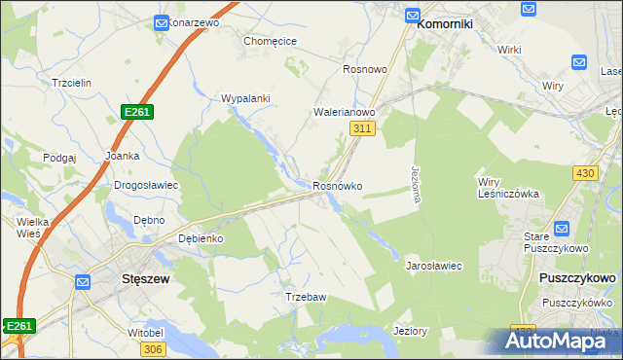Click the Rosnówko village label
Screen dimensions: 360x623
pyautogui.click(x=337, y=186)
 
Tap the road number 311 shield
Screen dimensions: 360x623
pyautogui.click(x=362, y=128)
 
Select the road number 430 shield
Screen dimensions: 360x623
pyautogui.click(x=585, y=172)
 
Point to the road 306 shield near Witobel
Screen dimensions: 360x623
pyautogui.click(x=153, y=348)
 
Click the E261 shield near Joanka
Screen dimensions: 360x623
pyautogui.click(x=136, y=113)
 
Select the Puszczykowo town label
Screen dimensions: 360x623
pyautogui.click(x=576, y=277)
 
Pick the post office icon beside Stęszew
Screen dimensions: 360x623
pyautogui.click(x=84, y=282)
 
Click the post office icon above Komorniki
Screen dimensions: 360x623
pyautogui.click(x=412, y=17)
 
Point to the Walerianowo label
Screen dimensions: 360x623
pyautogui.click(x=344, y=113)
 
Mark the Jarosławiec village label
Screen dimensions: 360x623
pyautogui.click(x=433, y=265)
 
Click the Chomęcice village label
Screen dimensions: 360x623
pyautogui.click(x=270, y=42)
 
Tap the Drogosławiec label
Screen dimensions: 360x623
pyautogui.click(x=145, y=185)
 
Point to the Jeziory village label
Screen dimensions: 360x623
pyautogui.click(x=410, y=331)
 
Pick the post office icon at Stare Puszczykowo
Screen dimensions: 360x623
pyautogui.click(x=561, y=230)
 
